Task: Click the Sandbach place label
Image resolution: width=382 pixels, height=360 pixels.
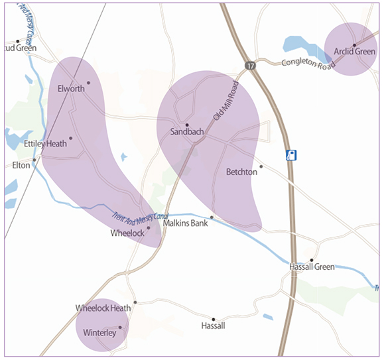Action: pos(186,132)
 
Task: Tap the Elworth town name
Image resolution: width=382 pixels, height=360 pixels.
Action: pos(71,89)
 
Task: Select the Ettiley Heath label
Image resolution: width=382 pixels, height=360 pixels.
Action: pos(45,143)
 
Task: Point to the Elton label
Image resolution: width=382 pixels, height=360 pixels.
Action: pos(21,165)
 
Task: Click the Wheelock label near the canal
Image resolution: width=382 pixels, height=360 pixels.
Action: pos(127,233)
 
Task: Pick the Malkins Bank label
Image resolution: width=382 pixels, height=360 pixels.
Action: pos(186,223)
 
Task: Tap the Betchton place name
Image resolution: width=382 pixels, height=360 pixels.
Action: pos(241,172)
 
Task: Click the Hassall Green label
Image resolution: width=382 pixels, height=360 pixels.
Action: pos(312,267)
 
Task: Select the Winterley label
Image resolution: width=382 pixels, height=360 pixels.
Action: pos(99,333)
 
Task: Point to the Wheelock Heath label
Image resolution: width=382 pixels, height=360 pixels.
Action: pos(103,308)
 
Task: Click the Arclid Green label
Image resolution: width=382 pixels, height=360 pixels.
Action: pos(355,51)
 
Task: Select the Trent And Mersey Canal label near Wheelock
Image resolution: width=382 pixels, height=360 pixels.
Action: pos(141,217)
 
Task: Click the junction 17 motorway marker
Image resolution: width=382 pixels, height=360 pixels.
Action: pos(249,66)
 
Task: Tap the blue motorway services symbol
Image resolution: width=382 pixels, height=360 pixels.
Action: pos(290,155)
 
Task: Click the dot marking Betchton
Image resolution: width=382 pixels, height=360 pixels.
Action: pos(261,166)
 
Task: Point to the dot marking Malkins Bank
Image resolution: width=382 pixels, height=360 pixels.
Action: pos(212,217)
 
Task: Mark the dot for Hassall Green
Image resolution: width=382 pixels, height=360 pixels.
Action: pos(312,260)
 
